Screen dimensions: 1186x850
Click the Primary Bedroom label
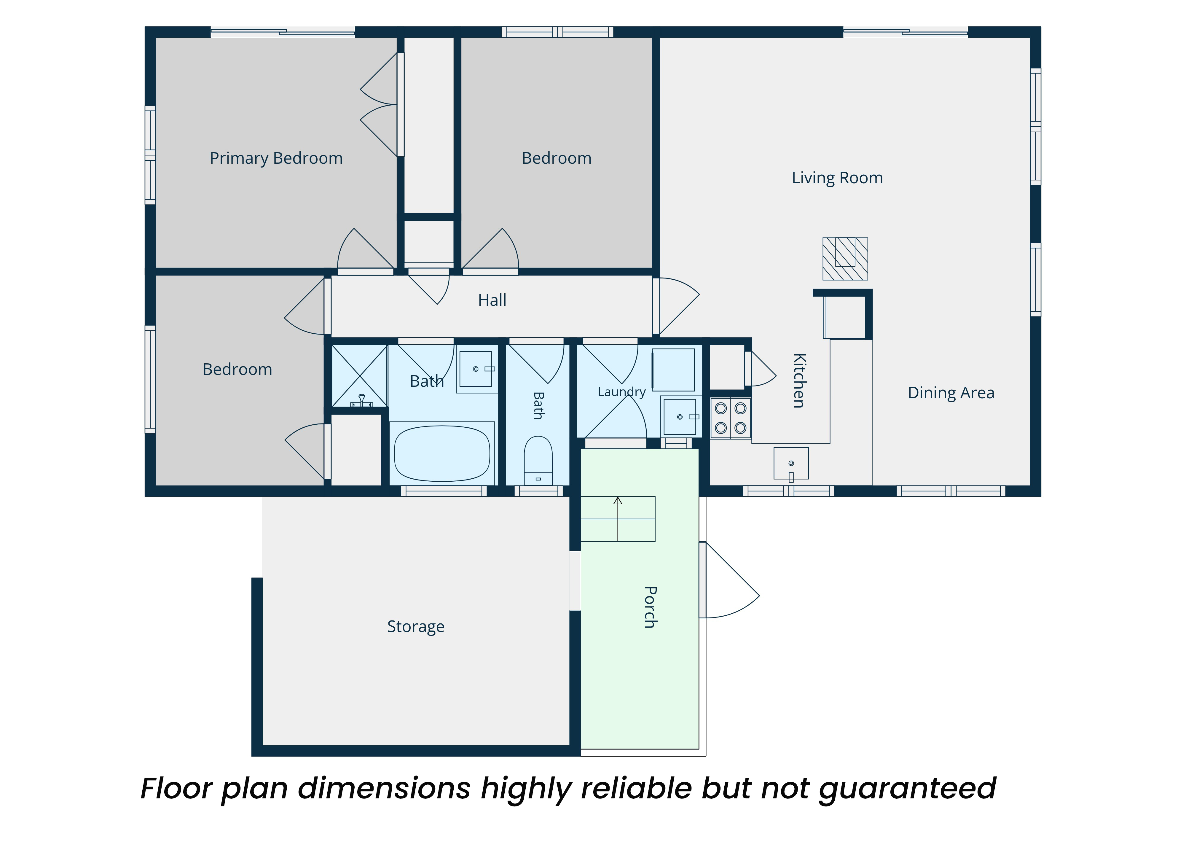point(276,158)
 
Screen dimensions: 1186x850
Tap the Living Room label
point(837,178)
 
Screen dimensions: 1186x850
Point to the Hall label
point(492,300)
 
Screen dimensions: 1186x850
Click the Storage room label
point(416,627)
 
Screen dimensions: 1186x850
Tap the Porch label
point(651,607)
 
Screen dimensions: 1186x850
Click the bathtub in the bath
point(442,453)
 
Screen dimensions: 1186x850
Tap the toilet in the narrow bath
point(538,460)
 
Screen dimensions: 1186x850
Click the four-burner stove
point(731,418)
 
